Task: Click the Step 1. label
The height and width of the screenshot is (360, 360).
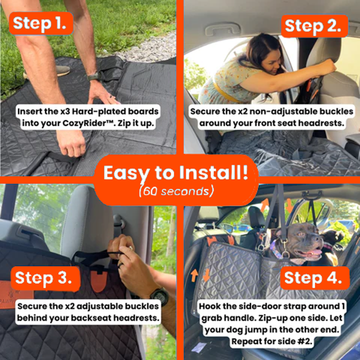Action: [41, 23]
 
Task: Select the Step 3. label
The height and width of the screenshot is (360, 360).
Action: [45, 279]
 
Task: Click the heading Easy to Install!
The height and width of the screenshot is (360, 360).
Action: [176, 173]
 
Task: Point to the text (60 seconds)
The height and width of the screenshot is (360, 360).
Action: [176, 191]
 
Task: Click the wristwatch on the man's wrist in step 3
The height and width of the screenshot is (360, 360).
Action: [160, 296]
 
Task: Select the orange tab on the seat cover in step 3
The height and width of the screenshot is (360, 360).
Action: [99, 281]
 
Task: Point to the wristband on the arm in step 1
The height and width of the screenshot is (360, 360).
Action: [94, 77]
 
